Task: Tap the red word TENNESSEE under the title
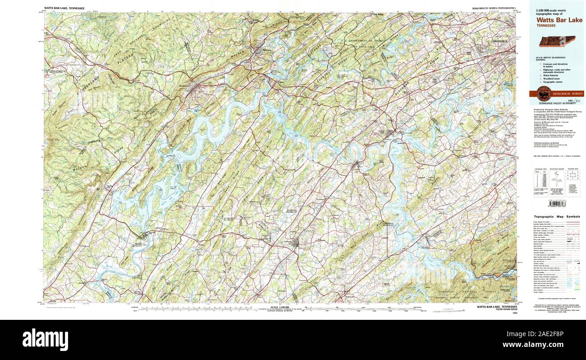[546, 26]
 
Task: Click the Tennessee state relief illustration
[557, 41]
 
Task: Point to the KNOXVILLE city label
[500, 41]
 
